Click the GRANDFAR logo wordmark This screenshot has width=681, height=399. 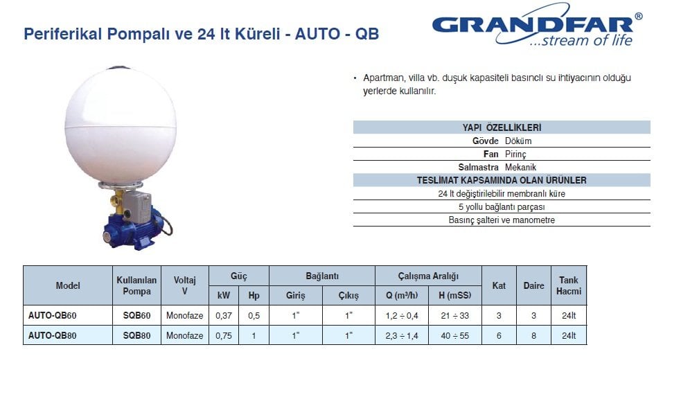[532, 25]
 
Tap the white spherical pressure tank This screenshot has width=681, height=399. [121, 124]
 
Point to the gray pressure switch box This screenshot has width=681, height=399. [137, 204]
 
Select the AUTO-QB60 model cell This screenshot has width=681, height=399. [52, 316]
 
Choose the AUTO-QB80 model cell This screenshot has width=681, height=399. [52, 335]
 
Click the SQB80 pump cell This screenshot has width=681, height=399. [136, 335]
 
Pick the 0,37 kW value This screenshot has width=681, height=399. [224, 316]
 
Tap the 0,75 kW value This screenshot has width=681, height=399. [224, 335]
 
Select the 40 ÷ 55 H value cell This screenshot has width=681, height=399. [454, 335]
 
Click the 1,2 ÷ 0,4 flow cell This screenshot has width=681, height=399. [402, 316]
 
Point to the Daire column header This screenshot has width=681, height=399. [533, 285]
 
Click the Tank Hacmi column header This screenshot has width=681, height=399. [569, 285]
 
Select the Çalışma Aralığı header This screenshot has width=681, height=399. [428, 276]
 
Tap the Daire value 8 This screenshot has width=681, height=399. [533, 335]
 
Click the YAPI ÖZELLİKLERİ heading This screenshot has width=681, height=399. [502, 127]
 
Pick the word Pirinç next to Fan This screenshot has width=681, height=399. [515, 154]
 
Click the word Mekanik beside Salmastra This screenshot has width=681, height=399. [520, 167]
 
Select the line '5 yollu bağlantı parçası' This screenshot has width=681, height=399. [502, 207]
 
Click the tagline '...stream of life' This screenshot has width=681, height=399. [581, 41]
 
